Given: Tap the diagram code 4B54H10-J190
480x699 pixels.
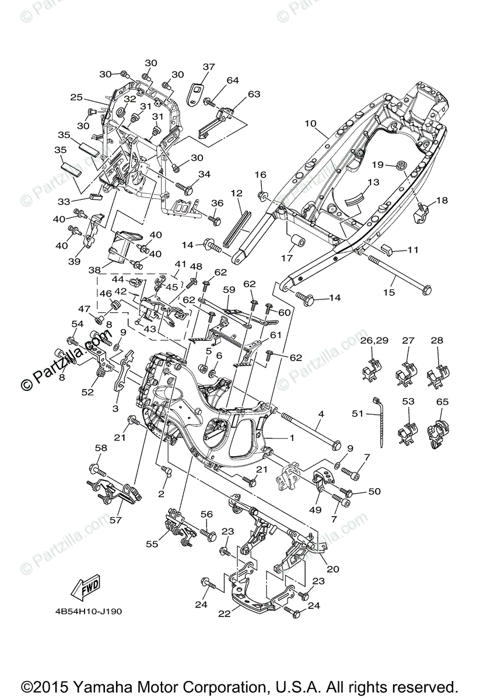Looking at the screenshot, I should click(86, 612).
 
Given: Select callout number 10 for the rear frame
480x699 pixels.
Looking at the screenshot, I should click(310, 123).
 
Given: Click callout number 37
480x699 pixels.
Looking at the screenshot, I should click(209, 67).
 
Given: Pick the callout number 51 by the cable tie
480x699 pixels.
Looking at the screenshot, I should click(357, 414).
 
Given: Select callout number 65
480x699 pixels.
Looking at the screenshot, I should click(443, 402).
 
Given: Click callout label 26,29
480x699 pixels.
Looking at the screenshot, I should click(374, 340).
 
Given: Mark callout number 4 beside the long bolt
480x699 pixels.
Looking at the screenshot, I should click(320, 414).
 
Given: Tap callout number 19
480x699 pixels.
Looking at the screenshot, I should click(377, 165).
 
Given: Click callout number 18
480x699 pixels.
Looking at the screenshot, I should click(442, 200).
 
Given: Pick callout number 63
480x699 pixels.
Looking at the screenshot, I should click(254, 94).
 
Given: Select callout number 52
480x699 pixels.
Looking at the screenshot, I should click(87, 393).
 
